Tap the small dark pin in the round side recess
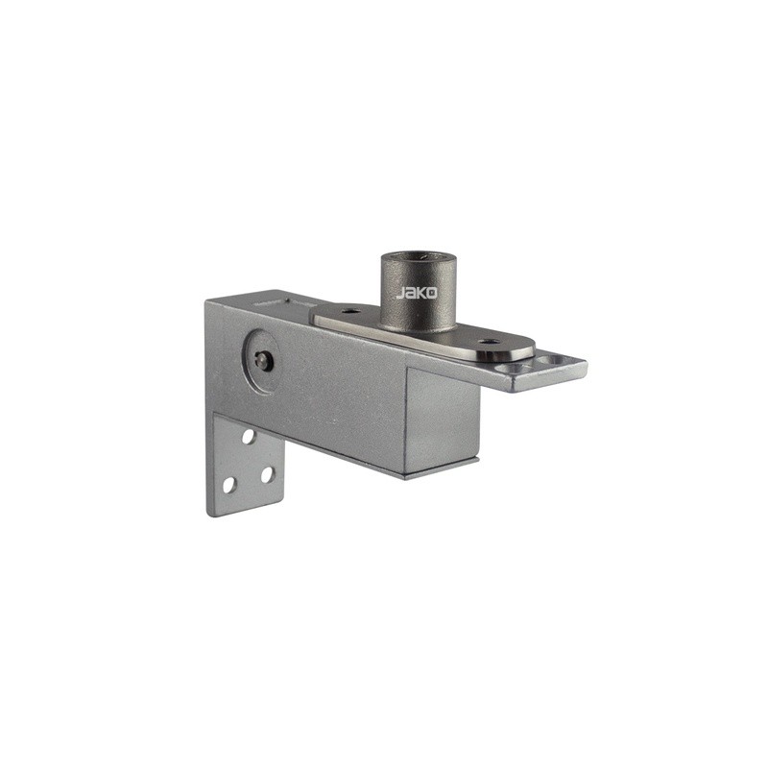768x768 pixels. click(263, 360)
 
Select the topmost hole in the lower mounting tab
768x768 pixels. click(248, 436)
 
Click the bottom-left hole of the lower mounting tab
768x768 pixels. click(229, 484)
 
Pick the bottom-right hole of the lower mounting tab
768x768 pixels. click(267, 473)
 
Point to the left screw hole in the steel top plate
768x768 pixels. click(349, 311)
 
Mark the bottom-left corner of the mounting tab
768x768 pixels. click(210, 515)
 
